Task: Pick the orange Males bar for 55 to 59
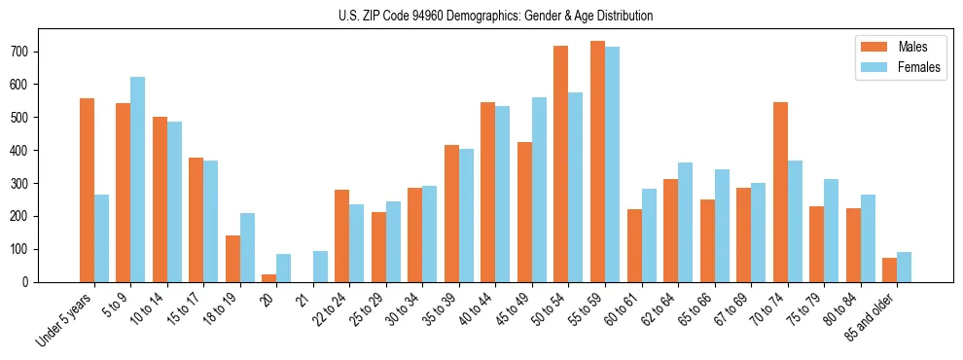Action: click(597, 162)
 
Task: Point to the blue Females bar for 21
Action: click(320, 267)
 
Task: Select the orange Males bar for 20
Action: click(268, 278)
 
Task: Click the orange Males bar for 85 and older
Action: click(889, 270)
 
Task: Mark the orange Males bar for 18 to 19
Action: click(232, 259)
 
